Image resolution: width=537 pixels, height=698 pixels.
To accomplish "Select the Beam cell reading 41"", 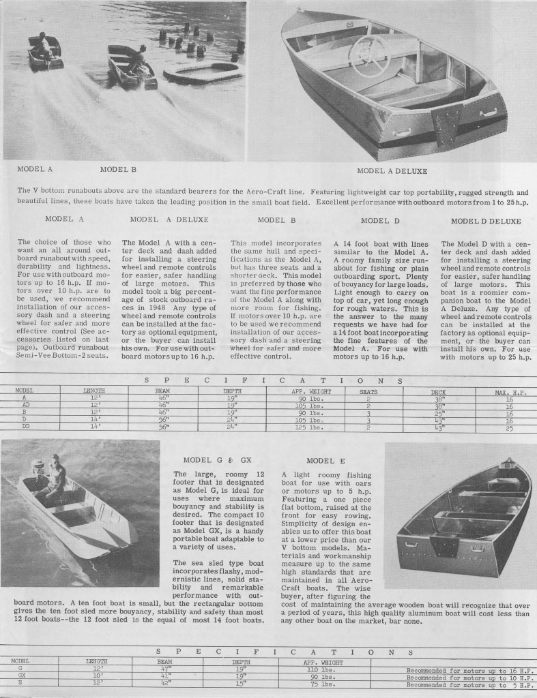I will [x=164, y=678].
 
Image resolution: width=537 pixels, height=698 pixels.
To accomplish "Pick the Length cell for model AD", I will [x=94, y=404].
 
